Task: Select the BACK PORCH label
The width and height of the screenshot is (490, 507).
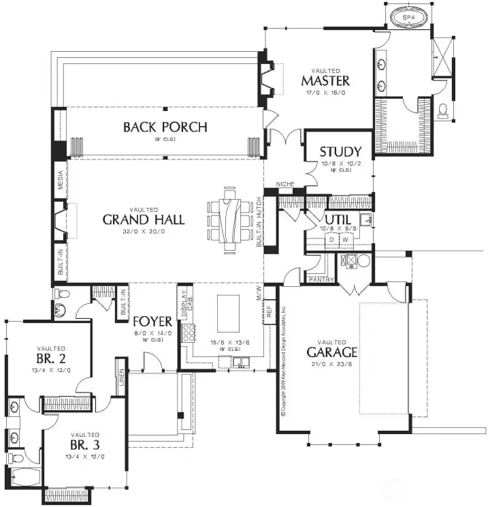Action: (165, 127)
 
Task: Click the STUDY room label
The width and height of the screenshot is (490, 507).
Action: (340, 151)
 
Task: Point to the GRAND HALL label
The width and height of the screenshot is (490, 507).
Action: (144, 219)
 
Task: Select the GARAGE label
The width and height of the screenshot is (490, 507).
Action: (331, 352)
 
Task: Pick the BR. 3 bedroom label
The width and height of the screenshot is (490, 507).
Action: (84, 447)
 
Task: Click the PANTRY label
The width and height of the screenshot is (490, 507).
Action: (319, 279)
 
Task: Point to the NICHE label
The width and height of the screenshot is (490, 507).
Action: (284, 185)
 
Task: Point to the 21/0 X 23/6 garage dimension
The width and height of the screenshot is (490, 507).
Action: (331, 364)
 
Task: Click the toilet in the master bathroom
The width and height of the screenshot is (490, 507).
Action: (443, 110)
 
